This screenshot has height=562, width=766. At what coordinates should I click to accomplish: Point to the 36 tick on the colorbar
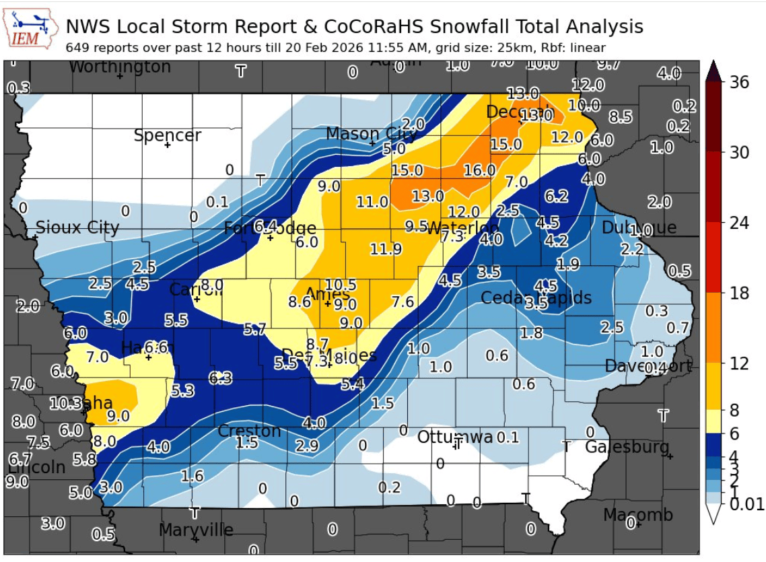click(x=738, y=81)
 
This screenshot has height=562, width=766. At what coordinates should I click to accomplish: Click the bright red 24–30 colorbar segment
click(x=714, y=187)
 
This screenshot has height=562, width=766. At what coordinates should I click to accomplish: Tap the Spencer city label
click(x=167, y=135)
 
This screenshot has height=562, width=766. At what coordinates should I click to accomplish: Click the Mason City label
click(x=371, y=134)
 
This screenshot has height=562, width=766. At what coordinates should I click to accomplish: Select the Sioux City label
click(x=77, y=227)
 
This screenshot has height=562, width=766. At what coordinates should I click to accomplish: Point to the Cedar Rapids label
click(x=536, y=297)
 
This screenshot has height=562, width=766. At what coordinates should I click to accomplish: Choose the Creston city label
click(x=249, y=431)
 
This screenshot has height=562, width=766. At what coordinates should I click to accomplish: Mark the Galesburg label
click(x=627, y=447)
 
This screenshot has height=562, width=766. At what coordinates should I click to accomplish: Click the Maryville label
click(x=196, y=530)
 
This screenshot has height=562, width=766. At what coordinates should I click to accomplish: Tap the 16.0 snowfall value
click(x=479, y=170)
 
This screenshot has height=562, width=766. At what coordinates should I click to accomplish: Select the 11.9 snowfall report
click(x=386, y=250)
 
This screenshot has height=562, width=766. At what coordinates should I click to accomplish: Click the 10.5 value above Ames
click(x=341, y=285)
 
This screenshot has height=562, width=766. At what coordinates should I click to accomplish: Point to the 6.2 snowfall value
click(x=557, y=197)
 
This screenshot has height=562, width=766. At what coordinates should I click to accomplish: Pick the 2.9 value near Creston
click(x=306, y=445)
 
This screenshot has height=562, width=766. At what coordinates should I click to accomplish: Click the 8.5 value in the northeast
click(x=620, y=117)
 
